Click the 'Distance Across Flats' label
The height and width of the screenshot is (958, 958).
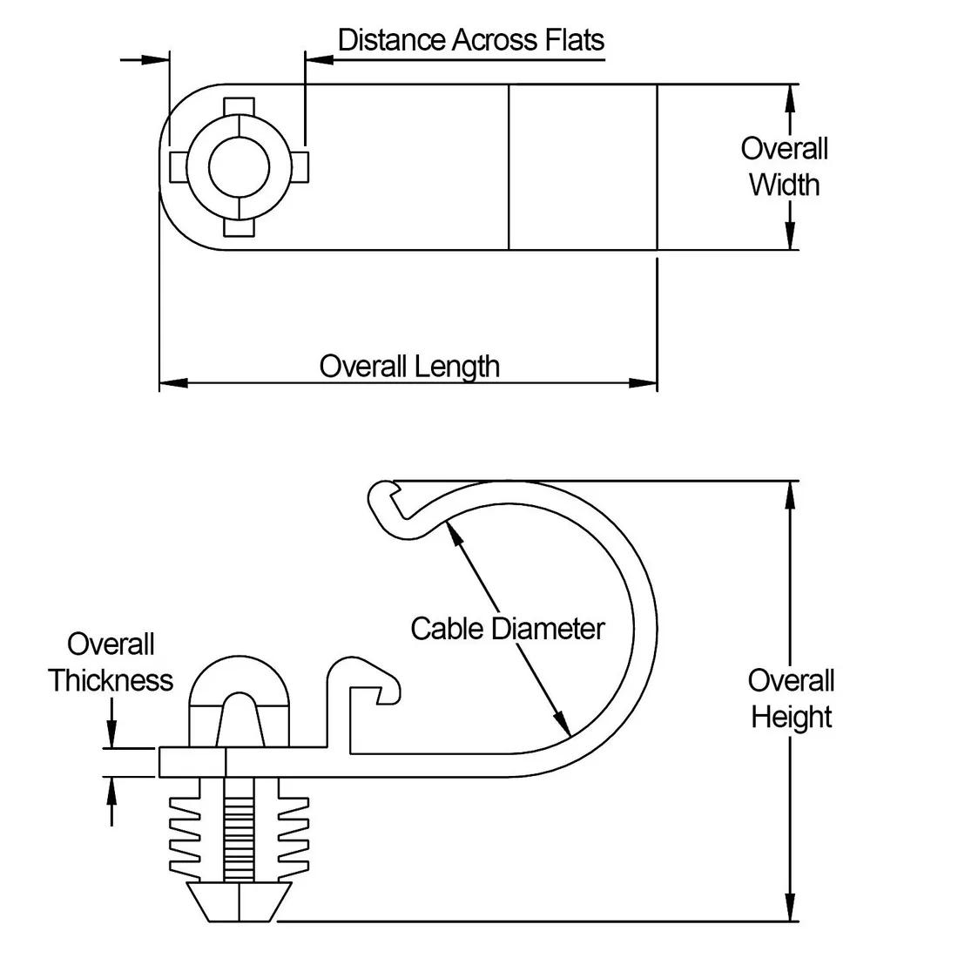[x=470, y=40]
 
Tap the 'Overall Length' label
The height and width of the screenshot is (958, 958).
[x=409, y=366]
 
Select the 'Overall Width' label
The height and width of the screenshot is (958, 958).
[x=784, y=166]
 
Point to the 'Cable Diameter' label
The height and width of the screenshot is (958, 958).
[x=507, y=628]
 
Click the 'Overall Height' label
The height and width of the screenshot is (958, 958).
[x=791, y=698]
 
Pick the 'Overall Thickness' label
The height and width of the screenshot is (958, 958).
[x=111, y=662]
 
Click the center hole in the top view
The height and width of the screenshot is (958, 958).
[x=239, y=166]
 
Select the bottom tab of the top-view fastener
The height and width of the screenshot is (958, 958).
[x=239, y=227]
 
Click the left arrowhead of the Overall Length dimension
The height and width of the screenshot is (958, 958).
[x=172, y=382]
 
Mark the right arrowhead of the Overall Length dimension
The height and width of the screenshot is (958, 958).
[x=644, y=382]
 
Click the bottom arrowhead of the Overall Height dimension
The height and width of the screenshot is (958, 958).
[x=790, y=907]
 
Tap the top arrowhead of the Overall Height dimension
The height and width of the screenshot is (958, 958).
[x=790, y=494]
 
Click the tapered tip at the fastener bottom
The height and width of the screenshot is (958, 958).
[x=239, y=901]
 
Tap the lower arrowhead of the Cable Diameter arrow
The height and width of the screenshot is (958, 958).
[x=563, y=725]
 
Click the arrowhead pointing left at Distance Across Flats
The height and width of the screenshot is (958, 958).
[x=319, y=59]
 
